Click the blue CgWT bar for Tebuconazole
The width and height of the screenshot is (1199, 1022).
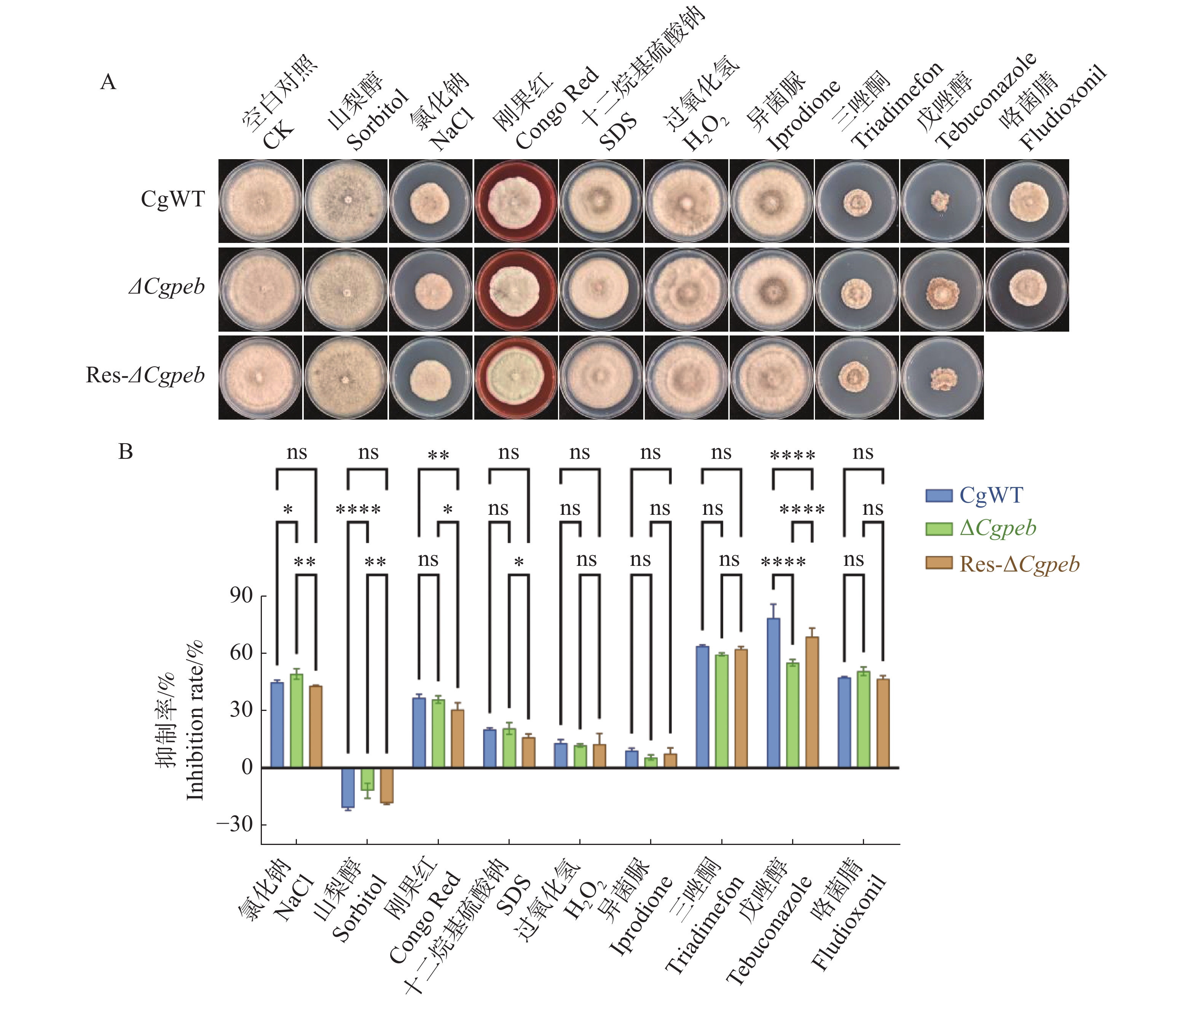(773, 693)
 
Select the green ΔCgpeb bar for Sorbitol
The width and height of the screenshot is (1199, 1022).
(367, 779)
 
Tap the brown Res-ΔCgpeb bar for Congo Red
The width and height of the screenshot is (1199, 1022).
(458, 739)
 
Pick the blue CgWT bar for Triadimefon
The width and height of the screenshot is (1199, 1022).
(703, 707)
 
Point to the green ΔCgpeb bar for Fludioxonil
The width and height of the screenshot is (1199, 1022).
(863, 720)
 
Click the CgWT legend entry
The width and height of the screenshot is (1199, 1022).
(974, 495)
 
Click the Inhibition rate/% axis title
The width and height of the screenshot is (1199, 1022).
(195, 720)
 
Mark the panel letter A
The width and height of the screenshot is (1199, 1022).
(108, 82)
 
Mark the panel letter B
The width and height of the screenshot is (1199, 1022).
(126, 452)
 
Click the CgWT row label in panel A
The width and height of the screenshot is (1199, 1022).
(173, 199)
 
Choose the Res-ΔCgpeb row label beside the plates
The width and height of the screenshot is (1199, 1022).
(145, 375)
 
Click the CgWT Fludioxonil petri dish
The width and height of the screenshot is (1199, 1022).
(1027, 201)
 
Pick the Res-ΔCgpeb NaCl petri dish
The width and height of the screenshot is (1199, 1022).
(430, 377)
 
